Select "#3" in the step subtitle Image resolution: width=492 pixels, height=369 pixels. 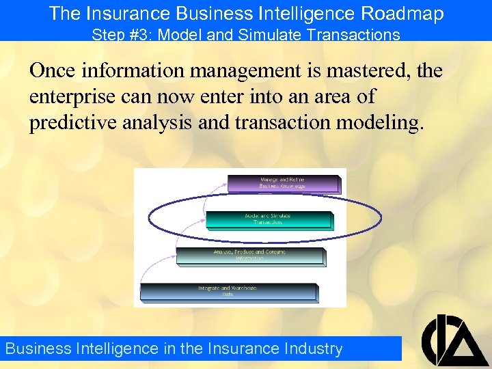(x=140, y=34)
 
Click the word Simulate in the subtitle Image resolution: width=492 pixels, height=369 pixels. (x=269, y=34)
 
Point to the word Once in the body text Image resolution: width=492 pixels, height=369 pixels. (x=53, y=71)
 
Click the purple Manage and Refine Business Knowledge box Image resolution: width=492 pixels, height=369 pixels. (x=282, y=183)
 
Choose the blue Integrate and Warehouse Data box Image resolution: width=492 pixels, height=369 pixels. (x=228, y=291)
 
